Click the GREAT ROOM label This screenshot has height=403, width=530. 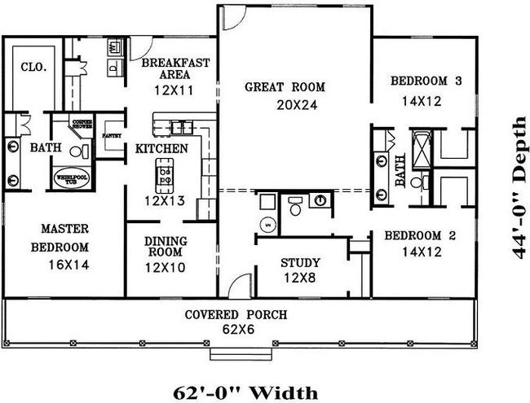click(x=285, y=86)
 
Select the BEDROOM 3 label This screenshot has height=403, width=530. click(x=426, y=81)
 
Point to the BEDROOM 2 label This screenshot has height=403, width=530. click(x=419, y=236)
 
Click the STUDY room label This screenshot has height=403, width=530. click(x=300, y=263)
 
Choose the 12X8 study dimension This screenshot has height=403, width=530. click(x=300, y=278)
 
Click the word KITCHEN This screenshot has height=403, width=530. click(x=161, y=149)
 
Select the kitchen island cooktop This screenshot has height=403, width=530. click(x=166, y=173)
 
